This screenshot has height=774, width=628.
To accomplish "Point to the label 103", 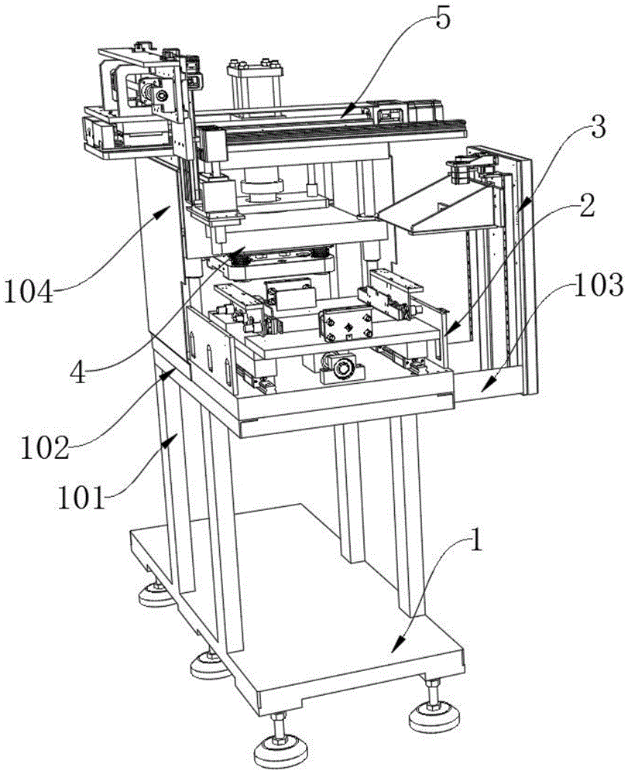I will (x=596, y=286).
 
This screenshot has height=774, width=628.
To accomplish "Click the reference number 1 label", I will (x=476, y=540).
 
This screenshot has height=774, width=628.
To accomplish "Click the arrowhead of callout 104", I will (x=176, y=206).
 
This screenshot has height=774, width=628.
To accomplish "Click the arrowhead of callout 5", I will (x=341, y=115).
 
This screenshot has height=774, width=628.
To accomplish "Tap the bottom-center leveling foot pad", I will (x=276, y=751).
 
